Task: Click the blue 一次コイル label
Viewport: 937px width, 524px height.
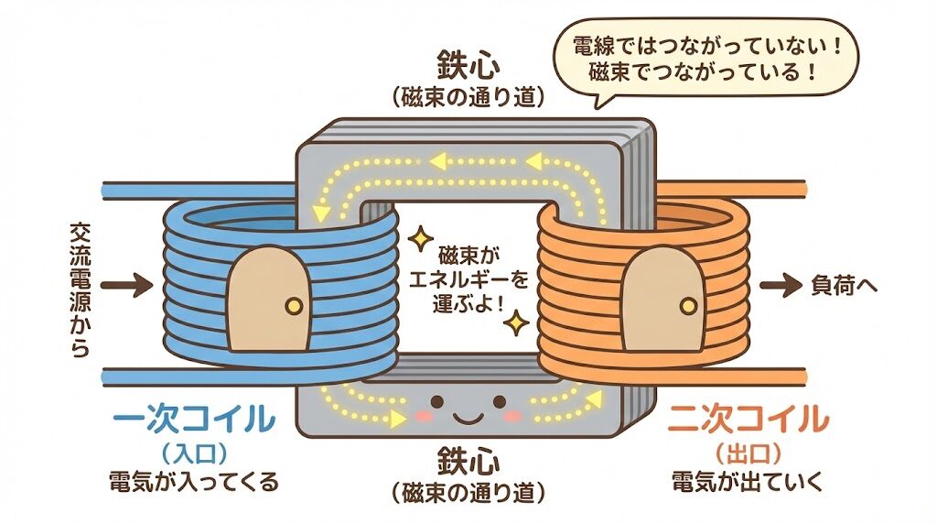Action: pos(192,419)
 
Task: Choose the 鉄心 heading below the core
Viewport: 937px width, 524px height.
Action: pos(468,455)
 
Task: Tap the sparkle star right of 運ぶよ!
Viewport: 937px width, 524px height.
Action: pos(518,322)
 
